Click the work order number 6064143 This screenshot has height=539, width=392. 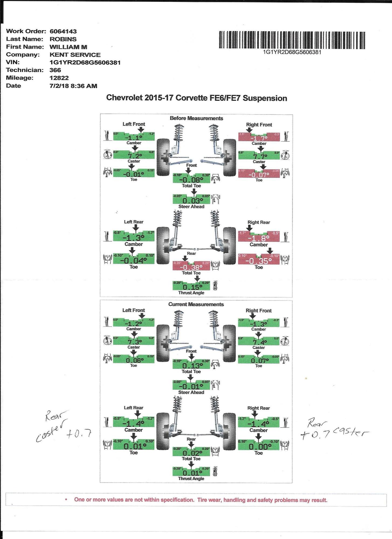(63, 32)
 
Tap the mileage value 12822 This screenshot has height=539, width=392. (59, 78)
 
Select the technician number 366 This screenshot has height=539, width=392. (55, 70)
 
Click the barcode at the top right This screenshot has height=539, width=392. (292, 40)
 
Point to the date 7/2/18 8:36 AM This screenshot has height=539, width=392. (73, 86)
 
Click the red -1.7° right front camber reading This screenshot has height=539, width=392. (259, 138)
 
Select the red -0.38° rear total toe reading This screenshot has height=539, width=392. (191, 267)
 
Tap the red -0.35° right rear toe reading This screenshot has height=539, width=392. (259, 261)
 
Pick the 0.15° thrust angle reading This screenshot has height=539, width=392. (191, 287)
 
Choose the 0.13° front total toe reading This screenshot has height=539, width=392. (191, 365)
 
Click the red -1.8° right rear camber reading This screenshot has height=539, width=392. (259, 238)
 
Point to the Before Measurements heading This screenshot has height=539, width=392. (196, 118)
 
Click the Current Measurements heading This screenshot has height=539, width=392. (196, 304)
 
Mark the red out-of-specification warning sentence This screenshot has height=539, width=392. (201, 500)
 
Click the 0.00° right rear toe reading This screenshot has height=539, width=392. (259, 447)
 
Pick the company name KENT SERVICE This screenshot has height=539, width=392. (75, 55)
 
